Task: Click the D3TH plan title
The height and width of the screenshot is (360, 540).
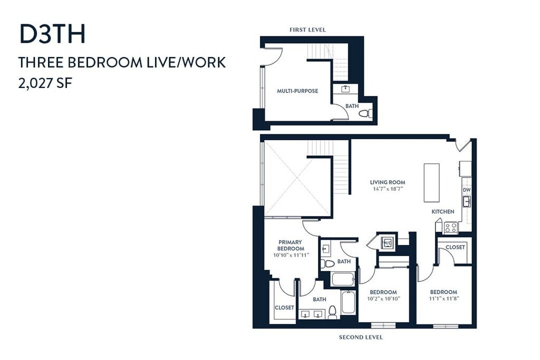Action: point(52,34)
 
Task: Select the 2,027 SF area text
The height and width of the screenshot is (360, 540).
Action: point(45,83)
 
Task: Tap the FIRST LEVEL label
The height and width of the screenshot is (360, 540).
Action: point(307,30)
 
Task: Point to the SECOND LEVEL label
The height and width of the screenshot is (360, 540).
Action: point(361,337)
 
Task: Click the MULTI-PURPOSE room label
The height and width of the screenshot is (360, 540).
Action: point(297,91)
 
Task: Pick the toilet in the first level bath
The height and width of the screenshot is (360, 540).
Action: point(365,113)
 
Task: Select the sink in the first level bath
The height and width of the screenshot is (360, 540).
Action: point(345,90)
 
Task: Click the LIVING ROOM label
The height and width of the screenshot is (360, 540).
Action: point(388,182)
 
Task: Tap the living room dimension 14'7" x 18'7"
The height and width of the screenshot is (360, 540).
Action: point(388,189)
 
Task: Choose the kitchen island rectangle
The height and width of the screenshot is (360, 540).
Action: point(431,183)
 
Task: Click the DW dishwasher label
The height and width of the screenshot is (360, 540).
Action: point(466,190)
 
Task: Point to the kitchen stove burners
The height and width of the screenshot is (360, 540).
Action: point(450,228)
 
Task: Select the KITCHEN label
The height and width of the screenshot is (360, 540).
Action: point(443,212)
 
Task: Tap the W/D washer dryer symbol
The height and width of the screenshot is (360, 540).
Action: point(387,243)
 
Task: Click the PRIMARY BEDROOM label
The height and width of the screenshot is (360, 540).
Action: point(291,246)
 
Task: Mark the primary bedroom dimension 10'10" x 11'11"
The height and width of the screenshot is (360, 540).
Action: point(291,255)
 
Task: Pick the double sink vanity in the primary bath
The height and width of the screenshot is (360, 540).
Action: point(312,315)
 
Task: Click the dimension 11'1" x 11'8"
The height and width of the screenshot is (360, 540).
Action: point(444,299)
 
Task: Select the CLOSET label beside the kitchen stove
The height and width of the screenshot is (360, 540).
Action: point(455,247)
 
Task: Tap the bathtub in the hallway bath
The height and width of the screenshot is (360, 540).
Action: point(343,279)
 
